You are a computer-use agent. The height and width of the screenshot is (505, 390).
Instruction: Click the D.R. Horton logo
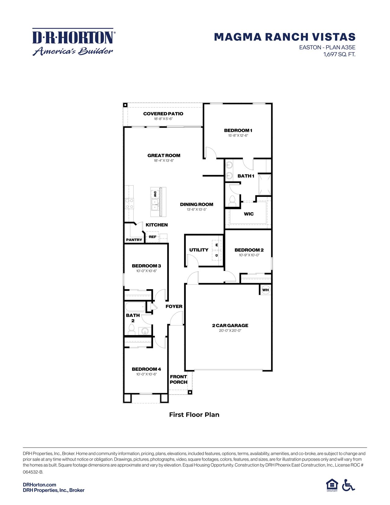pos(73,42)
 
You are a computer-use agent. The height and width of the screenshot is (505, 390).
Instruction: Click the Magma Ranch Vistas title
pos(284,37)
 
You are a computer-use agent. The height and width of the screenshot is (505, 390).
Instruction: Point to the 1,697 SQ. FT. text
pos(339,54)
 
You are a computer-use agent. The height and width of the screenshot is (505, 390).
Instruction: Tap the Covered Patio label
pos(163,114)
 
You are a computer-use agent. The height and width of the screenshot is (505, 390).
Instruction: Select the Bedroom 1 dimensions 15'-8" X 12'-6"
pos(238,135)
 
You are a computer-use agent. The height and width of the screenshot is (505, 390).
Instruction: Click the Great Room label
pos(164,155)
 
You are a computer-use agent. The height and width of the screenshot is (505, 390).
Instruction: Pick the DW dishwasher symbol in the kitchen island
pos(155,194)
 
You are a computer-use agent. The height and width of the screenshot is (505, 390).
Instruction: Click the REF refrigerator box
pos(152,237)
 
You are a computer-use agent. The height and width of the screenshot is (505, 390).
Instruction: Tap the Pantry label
pos(134,240)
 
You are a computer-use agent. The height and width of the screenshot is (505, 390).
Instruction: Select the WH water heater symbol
pos(265,290)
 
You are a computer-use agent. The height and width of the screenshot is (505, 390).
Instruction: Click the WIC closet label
pos(249,214)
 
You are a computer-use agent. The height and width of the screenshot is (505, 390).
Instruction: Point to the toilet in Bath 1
pos(232,201)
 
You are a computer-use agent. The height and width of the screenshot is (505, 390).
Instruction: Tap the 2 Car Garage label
pos(230,325)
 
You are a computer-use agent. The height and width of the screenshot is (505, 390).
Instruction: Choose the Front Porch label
pos(178,379)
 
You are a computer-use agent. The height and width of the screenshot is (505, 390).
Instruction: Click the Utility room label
pos(199,250)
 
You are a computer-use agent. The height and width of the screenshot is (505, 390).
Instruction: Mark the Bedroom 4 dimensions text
pos(146,374)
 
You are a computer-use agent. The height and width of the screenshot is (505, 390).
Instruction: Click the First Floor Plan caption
pos(194,415)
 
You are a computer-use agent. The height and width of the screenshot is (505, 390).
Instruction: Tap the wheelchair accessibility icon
pos(348,485)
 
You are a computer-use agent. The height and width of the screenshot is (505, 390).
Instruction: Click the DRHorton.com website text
pos(39,484)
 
